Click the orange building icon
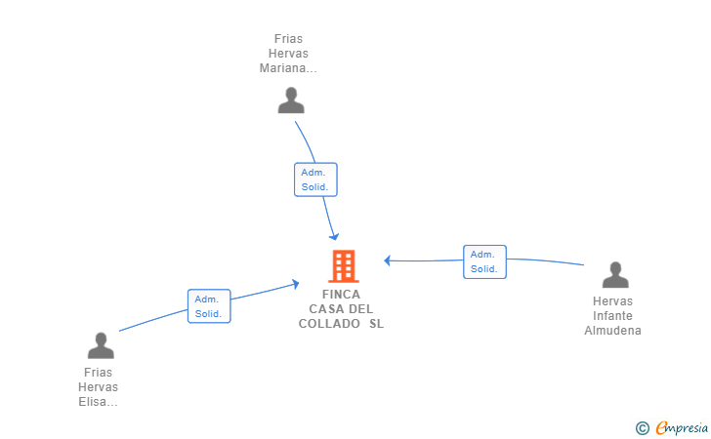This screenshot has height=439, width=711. click(x=344, y=266)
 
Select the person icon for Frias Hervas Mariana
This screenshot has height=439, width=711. click(x=291, y=100)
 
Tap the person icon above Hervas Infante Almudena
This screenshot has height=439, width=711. click(x=615, y=274)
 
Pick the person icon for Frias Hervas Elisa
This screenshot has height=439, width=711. click(x=101, y=345)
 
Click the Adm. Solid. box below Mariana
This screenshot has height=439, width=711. click(x=315, y=180)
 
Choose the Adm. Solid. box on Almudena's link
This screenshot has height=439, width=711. click(x=484, y=261)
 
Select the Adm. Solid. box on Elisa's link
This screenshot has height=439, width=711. click(x=209, y=306)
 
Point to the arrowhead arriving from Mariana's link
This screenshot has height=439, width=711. click(x=334, y=236)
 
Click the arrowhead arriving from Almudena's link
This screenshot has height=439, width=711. click(x=387, y=260)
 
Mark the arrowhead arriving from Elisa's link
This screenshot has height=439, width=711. click(x=296, y=284)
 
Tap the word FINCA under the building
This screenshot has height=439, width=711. click(x=342, y=295)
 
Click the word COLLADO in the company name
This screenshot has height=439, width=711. click(x=329, y=324)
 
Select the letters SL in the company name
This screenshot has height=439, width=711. click(x=376, y=324)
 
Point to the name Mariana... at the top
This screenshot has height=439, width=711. click(x=288, y=68)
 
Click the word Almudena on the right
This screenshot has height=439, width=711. click(x=612, y=331)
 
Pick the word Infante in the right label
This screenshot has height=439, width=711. click(x=612, y=316)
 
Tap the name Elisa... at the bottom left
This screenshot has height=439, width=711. click(x=98, y=402)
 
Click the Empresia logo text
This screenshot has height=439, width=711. click(x=682, y=427)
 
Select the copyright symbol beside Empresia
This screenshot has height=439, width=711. click(x=643, y=428)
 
